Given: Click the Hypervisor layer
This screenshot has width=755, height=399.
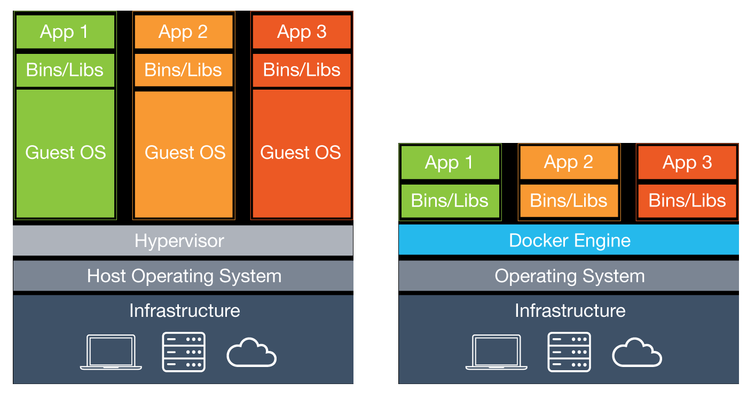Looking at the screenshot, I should (x=183, y=241).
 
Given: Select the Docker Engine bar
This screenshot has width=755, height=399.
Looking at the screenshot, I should (x=569, y=241).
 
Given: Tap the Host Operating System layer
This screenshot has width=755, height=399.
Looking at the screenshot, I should (x=183, y=276).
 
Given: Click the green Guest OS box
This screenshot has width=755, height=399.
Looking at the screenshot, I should (x=66, y=153).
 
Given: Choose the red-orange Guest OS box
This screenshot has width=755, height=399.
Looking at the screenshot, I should (x=301, y=153).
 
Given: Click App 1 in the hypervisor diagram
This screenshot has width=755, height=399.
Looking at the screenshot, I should (x=65, y=32).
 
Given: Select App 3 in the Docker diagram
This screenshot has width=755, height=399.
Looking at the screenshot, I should (x=687, y=163).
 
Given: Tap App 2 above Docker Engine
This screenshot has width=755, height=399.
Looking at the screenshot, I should (x=569, y=163).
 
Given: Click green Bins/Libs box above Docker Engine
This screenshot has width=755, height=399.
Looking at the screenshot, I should (x=450, y=201).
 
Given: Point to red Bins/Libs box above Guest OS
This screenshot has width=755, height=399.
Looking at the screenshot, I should (x=301, y=70).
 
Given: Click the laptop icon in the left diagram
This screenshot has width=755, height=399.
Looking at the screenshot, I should (x=111, y=352).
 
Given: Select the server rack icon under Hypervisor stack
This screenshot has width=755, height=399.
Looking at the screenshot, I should (x=184, y=352).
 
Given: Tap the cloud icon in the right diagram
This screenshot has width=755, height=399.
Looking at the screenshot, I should (x=637, y=353).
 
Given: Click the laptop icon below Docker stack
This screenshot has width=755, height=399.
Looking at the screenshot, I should (x=497, y=352).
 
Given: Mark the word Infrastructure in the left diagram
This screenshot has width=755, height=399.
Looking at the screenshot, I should (x=184, y=310).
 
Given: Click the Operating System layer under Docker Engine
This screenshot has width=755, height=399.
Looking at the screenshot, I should (x=569, y=276).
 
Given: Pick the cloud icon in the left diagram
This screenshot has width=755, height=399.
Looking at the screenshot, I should (x=251, y=353).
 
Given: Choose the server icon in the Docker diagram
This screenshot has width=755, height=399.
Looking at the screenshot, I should (x=569, y=352).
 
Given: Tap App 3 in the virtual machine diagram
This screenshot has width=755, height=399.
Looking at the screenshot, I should (x=301, y=32).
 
